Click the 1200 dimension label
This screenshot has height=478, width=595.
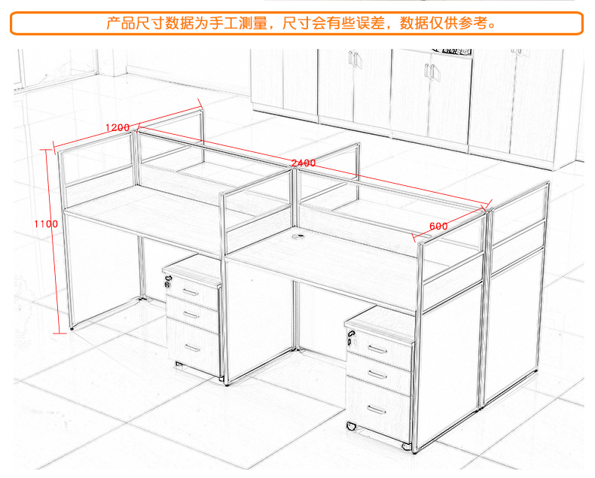click(x=117, y=126)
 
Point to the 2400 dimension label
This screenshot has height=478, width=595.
click(x=304, y=163)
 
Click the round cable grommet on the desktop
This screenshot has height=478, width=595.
click(x=297, y=239)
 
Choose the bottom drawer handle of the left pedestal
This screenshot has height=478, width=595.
click(x=193, y=348)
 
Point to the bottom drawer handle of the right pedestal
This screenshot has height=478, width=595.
click(x=379, y=410)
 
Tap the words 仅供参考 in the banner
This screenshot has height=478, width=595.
click(x=462, y=23)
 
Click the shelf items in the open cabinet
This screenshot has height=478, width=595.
click(x=452, y=50)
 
